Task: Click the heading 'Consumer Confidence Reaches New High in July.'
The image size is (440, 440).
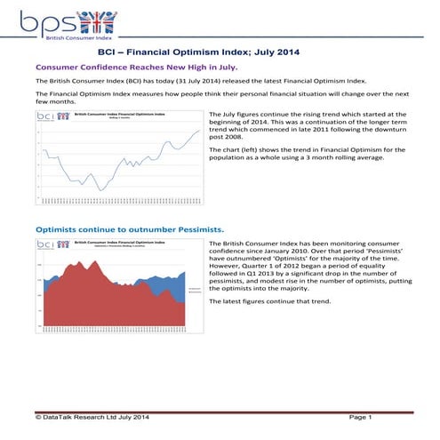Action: pyautogui.click(x=136, y=67)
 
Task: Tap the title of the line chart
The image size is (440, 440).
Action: pyautogui.click(x=113, y=114)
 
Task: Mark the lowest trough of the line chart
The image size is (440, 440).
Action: pyautogui.click(x=102, y=189)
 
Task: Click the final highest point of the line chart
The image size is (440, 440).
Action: pyautogui.click(x=199, y=131)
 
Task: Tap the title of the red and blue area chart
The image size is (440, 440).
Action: pyautogui.click(x=113, y=242)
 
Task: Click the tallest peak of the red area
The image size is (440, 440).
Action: pyautogui.click(x=73, y=264)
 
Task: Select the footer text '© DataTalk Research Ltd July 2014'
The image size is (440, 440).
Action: pyautogui.click(x=90, y=417)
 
